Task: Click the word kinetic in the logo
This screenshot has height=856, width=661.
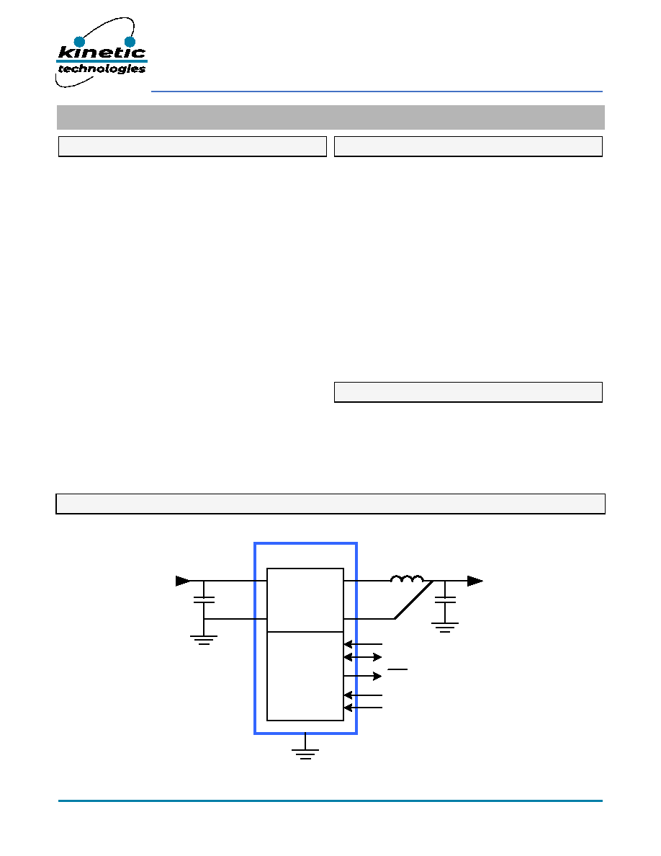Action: (102, 53)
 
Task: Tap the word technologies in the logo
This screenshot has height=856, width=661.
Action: (102, 68)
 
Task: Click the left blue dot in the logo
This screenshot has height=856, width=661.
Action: (80, 42)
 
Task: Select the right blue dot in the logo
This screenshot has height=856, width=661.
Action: (130, 42)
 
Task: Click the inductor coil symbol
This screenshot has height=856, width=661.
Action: (407, 579)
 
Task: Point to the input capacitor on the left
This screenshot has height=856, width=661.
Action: (204, 599)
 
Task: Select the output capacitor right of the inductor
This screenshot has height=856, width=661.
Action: (445, 599)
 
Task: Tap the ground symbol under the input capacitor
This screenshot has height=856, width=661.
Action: (204, 641)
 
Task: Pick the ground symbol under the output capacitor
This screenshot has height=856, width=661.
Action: (445, 628)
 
